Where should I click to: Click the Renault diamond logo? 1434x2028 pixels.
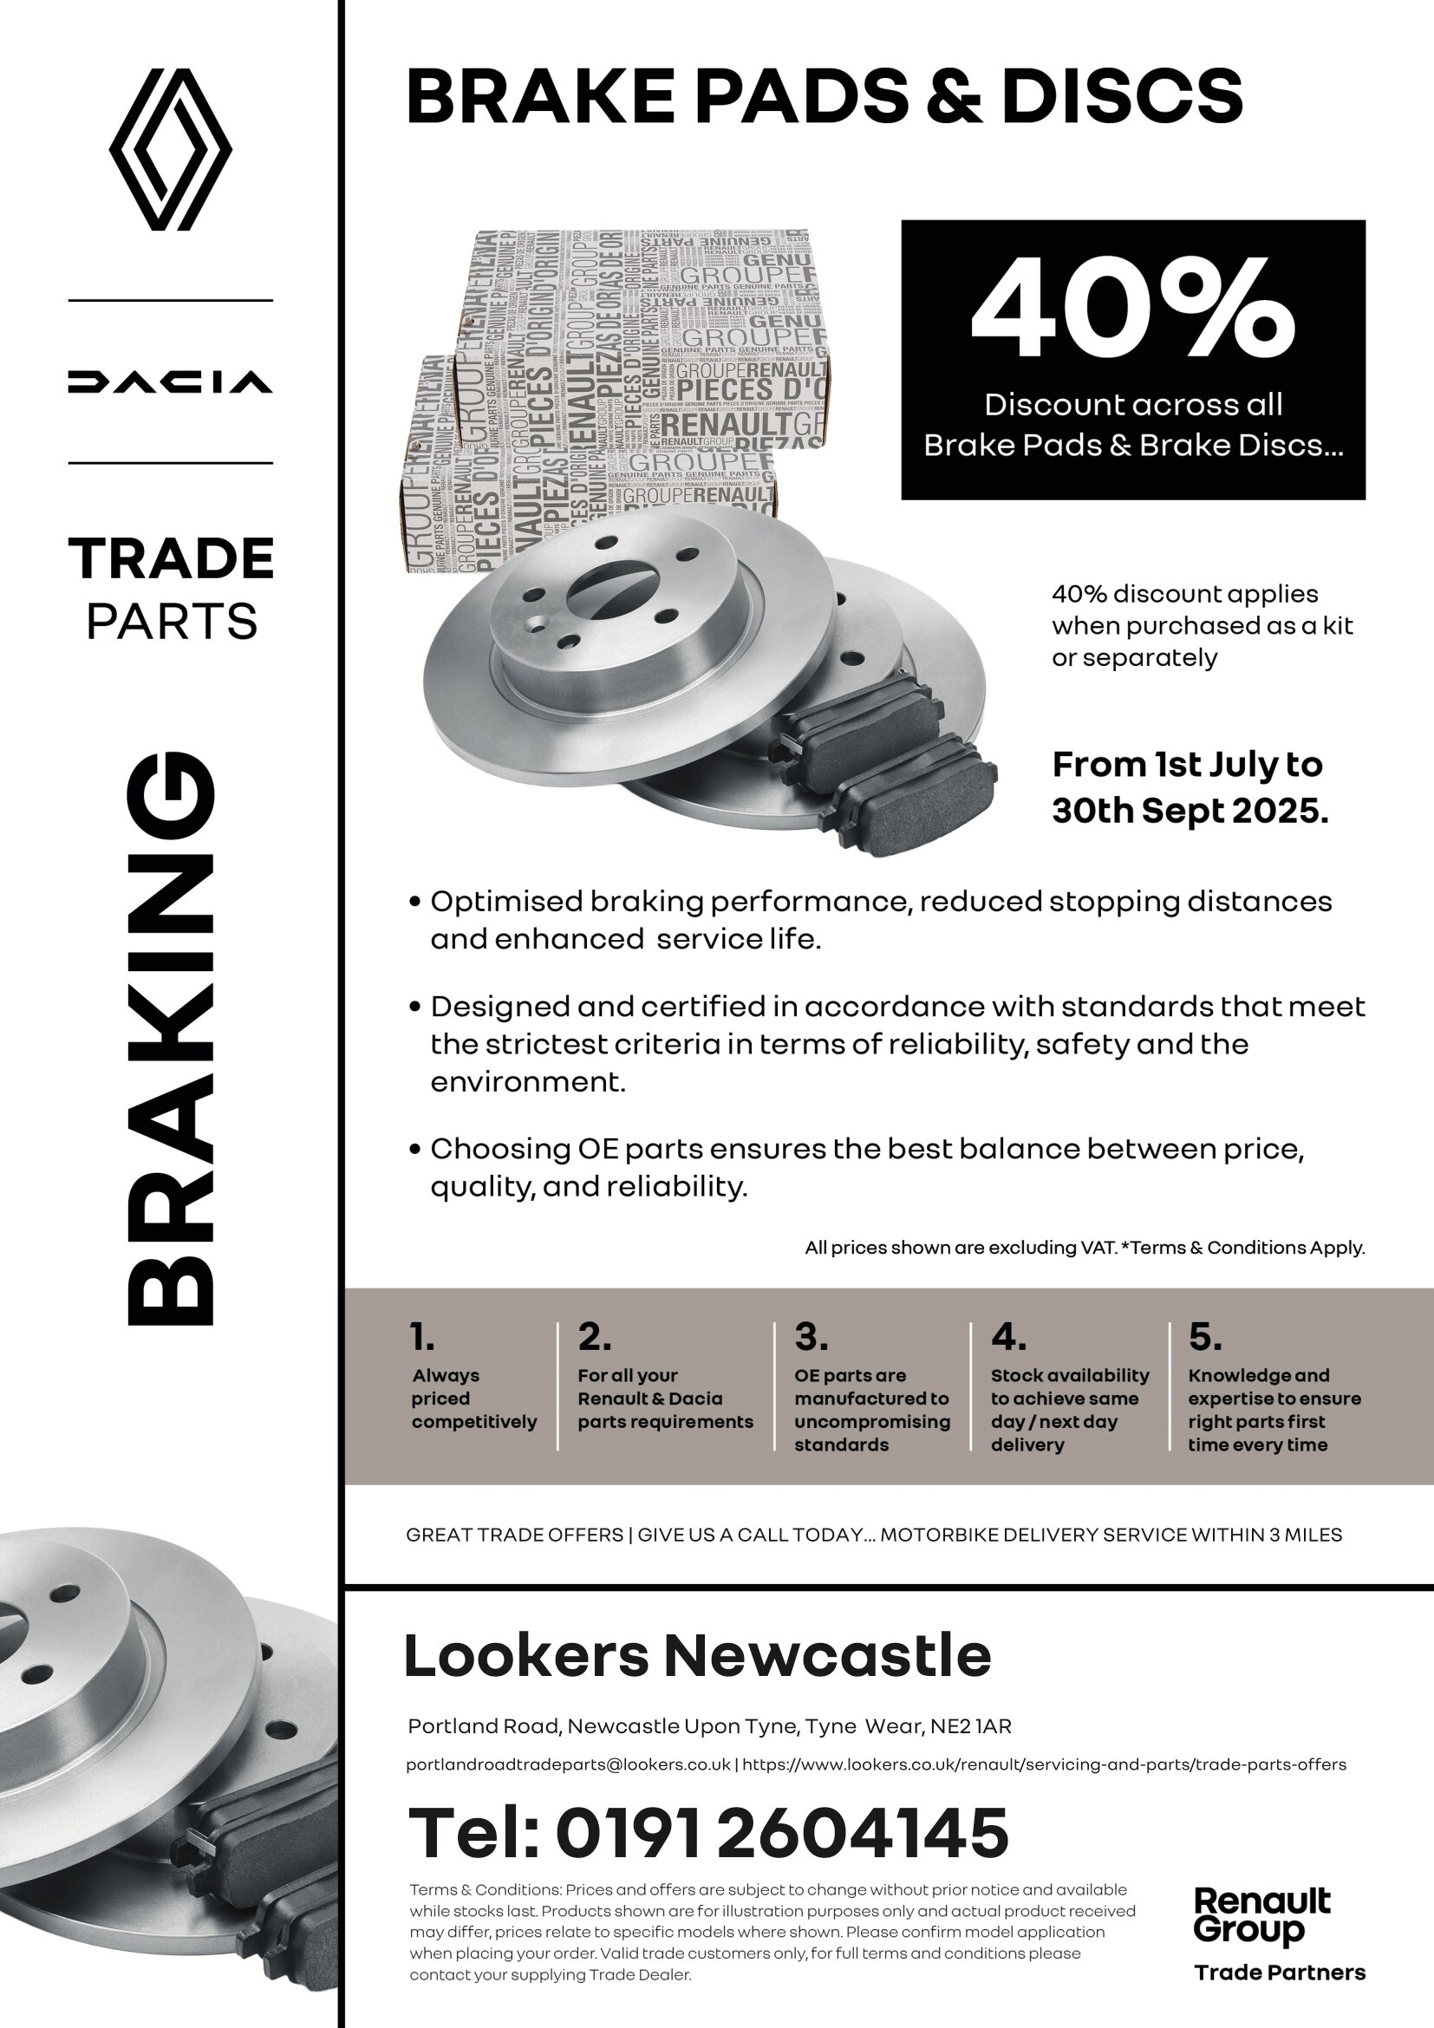[x=171, y=150]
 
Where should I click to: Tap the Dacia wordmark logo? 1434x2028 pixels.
[x=171, y=381]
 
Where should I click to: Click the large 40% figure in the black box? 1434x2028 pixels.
[x=1132, y=310]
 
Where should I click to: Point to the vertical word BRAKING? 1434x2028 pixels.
[x=172, y=1038]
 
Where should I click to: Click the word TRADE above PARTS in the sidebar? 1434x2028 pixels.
[x=172, y=559]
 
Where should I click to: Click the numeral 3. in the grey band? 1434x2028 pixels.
[x=811, y=1337]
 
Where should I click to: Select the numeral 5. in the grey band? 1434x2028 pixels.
[x=1204, y=1337]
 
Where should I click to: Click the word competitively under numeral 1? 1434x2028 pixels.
[x=474, y=1422]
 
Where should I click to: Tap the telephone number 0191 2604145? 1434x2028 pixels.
[x=781, y=1833]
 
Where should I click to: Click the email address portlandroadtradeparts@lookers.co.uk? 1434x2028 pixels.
[x=568, y=1764]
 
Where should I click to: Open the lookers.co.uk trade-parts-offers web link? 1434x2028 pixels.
[x=1044, y=1764]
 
